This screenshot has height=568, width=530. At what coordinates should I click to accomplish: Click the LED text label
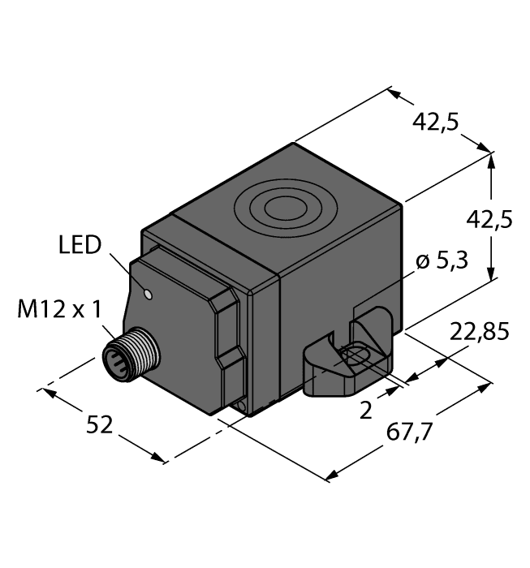(81, 245)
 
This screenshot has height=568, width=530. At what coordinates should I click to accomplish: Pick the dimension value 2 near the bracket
(365, 410)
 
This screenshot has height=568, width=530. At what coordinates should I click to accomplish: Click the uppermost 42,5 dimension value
(436, 122)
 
